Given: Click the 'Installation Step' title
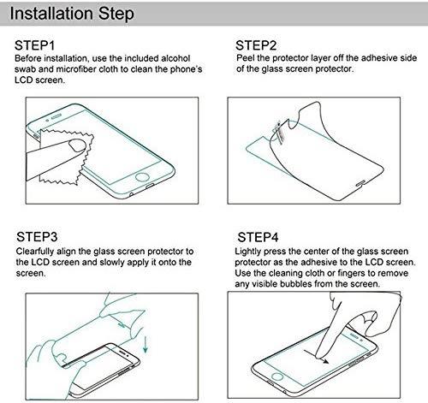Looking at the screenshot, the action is coord(72,14).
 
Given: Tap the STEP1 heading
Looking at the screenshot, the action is coord(34,45).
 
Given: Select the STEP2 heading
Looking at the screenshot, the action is coord(256,45).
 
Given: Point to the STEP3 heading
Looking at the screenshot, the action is coord(37,237).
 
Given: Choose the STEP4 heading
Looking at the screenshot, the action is coord(258,237).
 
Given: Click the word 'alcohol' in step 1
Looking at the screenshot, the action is coord(175,58).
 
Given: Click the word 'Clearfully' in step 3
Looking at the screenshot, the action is coord(35,252).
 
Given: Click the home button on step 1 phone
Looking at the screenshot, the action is coord(142,177).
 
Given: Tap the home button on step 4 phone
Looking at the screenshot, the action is coord(277,376).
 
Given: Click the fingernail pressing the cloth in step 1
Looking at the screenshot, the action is coord(78,145).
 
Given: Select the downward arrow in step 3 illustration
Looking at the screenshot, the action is coord(146,345).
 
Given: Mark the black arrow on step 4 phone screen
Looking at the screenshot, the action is coord(316,357).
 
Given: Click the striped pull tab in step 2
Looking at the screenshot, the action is coord(279,132).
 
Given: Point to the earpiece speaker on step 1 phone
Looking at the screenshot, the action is coord(56,116).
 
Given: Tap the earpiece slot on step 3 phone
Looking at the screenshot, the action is coord(123,352).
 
